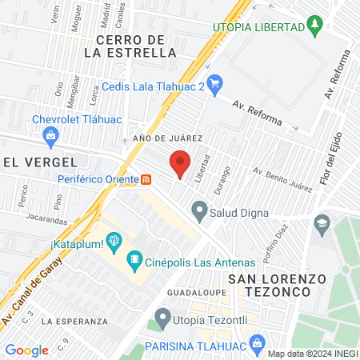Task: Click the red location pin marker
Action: (180, 163)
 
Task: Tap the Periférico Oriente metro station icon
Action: (146, 178)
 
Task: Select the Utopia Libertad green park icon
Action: (316, 28)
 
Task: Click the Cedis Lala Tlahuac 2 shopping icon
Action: (214, 82)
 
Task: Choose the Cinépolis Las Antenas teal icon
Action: (134, 261)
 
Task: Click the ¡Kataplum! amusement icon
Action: (113, 239)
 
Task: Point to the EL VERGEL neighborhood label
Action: (33, 162)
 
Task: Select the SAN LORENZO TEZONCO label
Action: (278, 286)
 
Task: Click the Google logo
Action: (26, 350)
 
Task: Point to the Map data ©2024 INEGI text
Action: (311, 354)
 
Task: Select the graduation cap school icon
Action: (322, 221)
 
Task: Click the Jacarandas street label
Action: (43, 218)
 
